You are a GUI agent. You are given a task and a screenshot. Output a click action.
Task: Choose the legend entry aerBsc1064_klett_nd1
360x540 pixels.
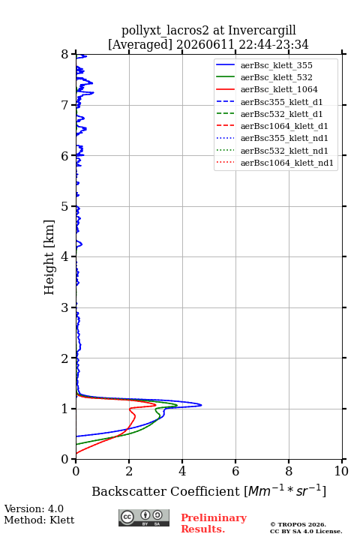[x=275, y=163]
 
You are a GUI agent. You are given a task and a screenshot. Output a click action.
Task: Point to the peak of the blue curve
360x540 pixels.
[x=201, y=405]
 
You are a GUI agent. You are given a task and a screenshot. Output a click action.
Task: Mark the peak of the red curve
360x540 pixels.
[x=156, y=406]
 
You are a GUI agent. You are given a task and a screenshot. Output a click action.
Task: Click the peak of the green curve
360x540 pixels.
[x=177, y=405]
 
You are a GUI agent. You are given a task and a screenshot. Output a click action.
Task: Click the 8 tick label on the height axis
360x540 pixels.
[x=64, y=55]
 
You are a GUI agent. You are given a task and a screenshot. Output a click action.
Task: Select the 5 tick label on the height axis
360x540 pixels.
[x=64, y=207]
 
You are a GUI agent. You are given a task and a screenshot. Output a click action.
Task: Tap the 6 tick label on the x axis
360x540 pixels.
[x=235, y=471]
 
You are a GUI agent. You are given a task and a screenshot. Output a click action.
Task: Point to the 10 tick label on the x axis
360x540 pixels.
[x=341, y=471]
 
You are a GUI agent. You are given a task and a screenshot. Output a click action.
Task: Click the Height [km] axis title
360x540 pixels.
[x=49, y=257]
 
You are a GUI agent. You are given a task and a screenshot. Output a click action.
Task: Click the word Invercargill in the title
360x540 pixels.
[x=262, y=31]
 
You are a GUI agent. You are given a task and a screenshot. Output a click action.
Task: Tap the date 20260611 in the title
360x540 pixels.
[x=205, y=44]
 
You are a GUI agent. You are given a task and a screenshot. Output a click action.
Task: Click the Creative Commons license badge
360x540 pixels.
[x=144, y=517]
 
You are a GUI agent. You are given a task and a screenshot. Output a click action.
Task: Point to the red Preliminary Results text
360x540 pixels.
[x=214, y=523]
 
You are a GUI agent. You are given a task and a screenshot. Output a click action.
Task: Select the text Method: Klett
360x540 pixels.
[x=39, y=520]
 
